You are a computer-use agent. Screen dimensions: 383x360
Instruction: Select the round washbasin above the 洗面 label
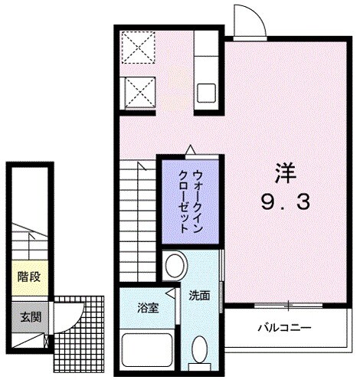[175, 267]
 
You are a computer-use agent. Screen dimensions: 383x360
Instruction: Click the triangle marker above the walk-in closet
[189, 149]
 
